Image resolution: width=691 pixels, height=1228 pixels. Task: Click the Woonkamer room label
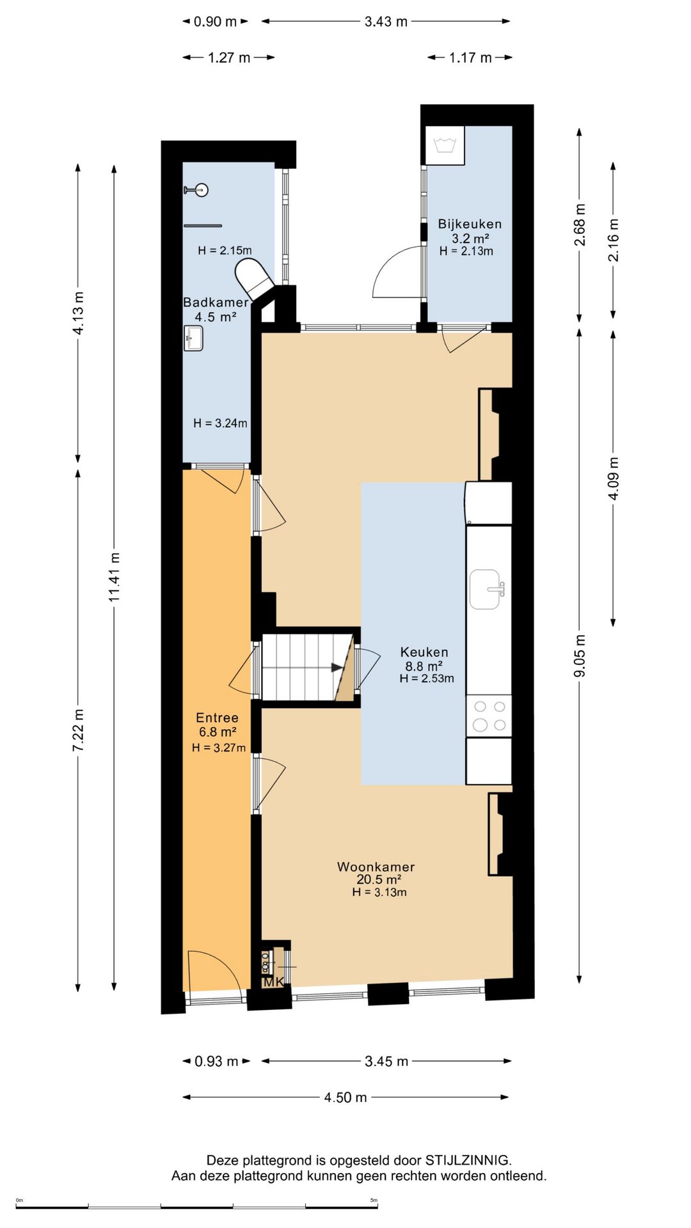pos(376,867)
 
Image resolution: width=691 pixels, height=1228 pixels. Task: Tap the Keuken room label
pos(424,652)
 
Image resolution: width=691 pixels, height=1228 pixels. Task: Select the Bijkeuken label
pos(470,224)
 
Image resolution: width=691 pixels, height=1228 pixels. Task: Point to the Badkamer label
pos(216,303)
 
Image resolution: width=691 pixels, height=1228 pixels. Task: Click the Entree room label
pos(217,718)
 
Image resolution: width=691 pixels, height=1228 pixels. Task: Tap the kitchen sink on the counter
pos(487,589)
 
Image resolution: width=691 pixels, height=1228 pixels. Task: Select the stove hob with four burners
pos(489,716)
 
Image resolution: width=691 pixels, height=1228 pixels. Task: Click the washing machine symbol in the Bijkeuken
pos(445,145)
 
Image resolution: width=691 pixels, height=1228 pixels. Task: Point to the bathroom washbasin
pos(193,338)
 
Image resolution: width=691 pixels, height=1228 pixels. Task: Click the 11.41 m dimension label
pos(114,577)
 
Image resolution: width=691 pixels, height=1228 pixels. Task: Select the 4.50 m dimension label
pos(345,1098)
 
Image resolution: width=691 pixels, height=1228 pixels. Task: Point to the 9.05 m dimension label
pos(579,656)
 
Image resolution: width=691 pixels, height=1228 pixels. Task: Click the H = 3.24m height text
pos(220,423)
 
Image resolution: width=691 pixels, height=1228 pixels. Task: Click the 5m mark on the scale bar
pos(374,1200)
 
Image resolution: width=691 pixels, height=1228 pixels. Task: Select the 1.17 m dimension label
pos(470,58)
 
